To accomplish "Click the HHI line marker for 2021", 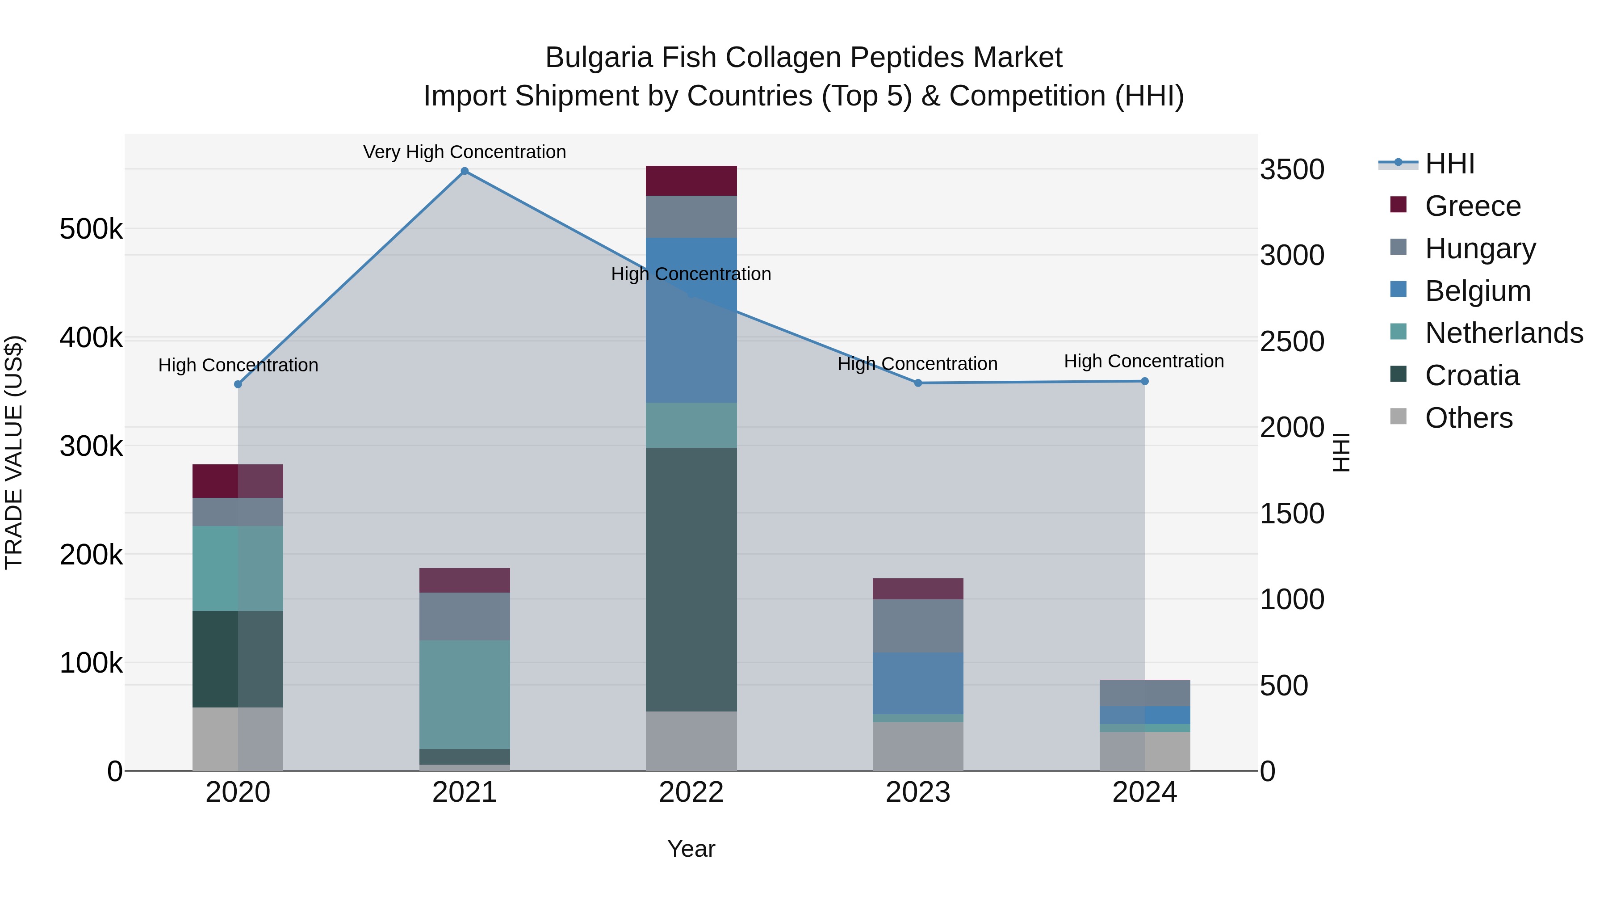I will (465, 171).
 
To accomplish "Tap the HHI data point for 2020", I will (238, 384).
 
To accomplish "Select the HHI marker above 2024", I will (1144, 381).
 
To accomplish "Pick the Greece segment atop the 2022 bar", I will (691, 181).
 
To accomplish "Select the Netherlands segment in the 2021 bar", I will (465, 694).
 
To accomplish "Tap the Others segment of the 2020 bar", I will (238, 739).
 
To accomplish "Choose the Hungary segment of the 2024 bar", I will (1144, 693).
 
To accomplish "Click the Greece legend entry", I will (1473, 206).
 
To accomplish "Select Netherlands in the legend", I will (1504, 333).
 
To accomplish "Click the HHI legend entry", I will (1449, 164).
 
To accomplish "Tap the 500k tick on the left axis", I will (91, 229).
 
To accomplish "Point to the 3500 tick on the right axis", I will (1291, 170).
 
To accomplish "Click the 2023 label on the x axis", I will (917, 792).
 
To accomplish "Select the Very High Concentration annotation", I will (465, 152).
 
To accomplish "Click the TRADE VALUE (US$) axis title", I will (14, 452).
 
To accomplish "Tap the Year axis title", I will (691, 849).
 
